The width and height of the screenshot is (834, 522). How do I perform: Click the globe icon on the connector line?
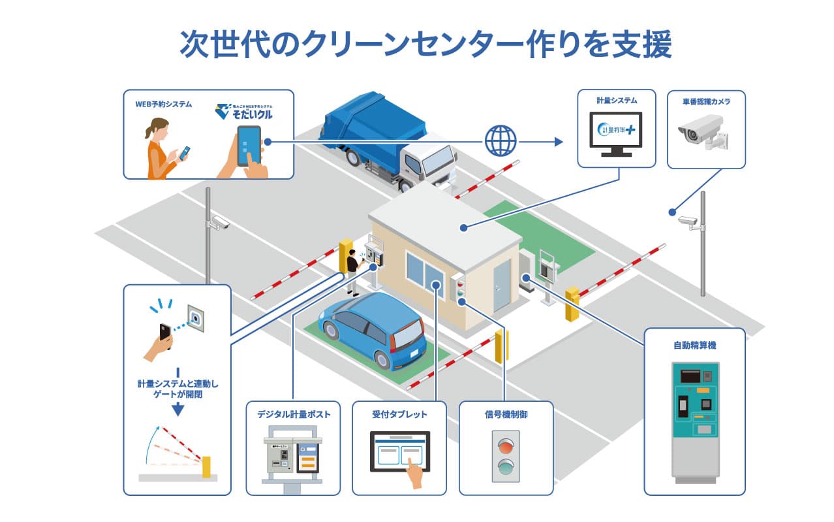coord(500,140)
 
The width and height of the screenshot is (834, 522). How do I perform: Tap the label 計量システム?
coord(616,101)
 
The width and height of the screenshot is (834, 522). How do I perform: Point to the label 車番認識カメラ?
coord(706,101)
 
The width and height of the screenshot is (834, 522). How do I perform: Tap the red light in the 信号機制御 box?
coord(506,445)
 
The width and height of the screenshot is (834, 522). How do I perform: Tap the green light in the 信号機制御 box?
coord(506,466)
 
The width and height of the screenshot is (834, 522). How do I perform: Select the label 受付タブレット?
coord(399,414)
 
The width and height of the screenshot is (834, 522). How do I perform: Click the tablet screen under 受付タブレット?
coord(399,451)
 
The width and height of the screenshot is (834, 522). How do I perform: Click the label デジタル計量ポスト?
coord(293,414)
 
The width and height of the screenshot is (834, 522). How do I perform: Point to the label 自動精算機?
coord(695,344)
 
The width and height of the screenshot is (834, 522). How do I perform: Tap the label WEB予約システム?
coord(164,104)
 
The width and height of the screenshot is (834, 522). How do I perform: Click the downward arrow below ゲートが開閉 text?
coord(177,410)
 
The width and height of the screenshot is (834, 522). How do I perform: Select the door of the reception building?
coord(501,284)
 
